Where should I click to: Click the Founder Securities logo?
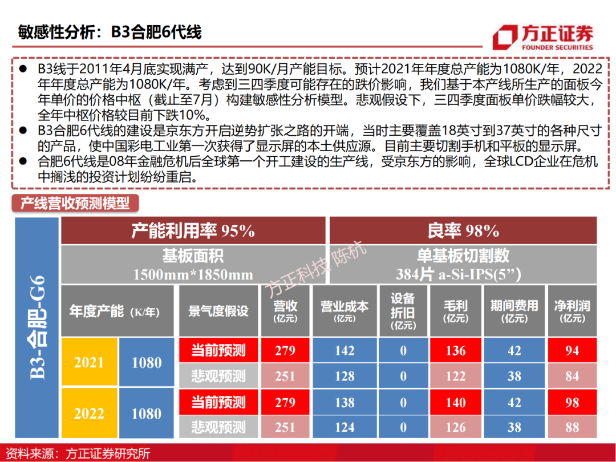[543, 38]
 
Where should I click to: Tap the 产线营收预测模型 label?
[75, 202]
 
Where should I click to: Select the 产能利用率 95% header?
[193, 230]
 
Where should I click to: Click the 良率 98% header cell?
[463, 230]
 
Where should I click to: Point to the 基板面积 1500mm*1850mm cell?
[193, 265]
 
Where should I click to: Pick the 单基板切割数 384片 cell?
[463, 265]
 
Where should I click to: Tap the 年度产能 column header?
[114, 311]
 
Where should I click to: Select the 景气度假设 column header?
[218, 311]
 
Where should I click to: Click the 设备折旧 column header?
[403, 311]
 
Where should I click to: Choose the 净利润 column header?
[572, 311]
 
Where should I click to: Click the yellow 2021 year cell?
[89, 363]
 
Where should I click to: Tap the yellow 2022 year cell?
[89, 414]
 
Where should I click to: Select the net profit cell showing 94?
[572, 350]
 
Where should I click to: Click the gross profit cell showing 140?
[456, 402]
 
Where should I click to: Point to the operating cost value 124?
[345, 427]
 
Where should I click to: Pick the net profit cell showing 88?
[572, 427]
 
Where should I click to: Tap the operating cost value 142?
[345, 350]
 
